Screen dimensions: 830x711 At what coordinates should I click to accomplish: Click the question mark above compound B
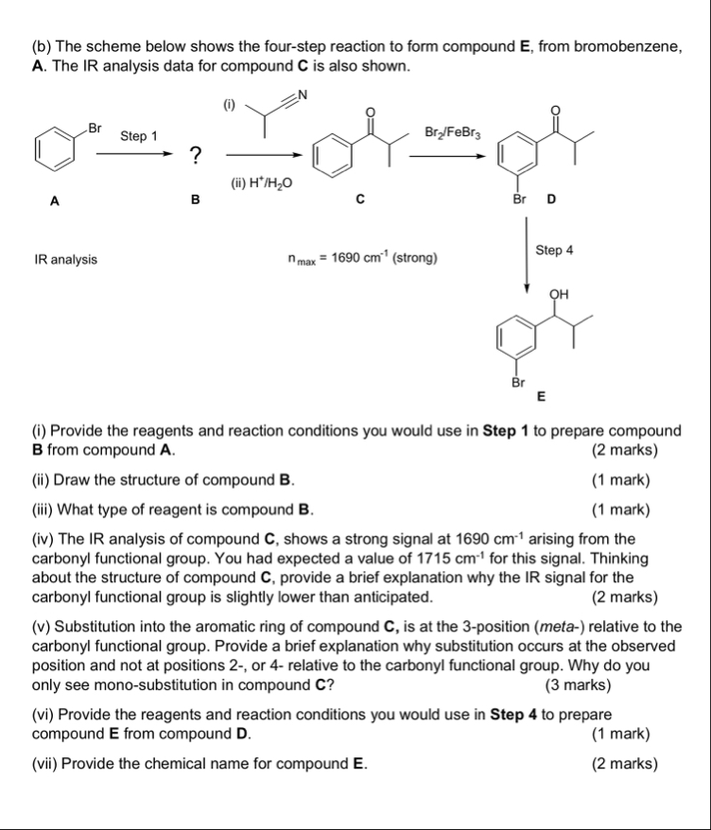[194, 155]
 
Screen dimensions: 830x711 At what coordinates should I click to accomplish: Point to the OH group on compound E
[560, 294]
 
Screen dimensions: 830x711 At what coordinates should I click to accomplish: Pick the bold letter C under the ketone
[359, 199]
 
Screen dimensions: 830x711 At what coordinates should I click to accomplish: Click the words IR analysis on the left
[64, 258]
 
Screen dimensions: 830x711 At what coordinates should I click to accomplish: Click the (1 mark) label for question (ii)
[620, 479]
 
